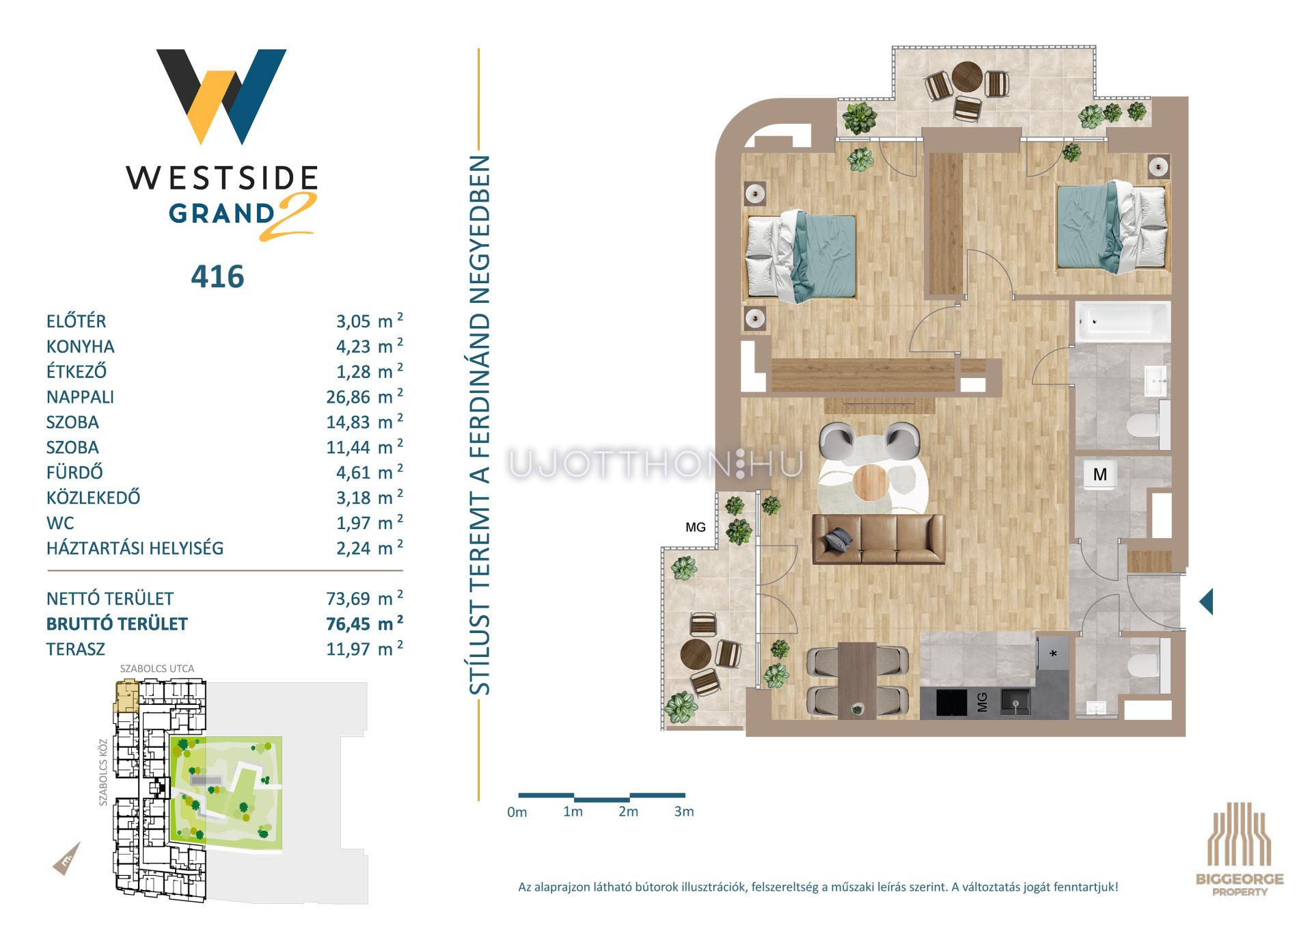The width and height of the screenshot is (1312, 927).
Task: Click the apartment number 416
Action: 217,277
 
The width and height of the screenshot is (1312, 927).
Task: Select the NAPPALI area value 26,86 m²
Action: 364,397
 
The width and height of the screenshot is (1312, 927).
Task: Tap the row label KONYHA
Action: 81,347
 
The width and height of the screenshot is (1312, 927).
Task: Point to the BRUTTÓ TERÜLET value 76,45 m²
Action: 364,623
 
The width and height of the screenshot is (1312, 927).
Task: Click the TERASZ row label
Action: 76,649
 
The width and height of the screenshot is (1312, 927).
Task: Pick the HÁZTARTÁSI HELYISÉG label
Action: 135,548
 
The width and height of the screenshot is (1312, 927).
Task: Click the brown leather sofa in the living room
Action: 879,539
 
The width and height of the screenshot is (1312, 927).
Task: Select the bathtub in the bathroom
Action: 1121,321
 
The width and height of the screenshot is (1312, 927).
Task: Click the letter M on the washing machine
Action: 1099,474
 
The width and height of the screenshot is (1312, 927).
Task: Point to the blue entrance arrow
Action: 1206,602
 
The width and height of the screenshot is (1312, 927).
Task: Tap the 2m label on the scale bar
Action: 628,811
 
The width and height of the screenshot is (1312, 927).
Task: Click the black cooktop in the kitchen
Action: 944,703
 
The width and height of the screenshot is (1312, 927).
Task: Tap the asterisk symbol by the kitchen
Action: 1053,654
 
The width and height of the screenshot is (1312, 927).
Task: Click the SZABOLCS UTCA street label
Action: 157,669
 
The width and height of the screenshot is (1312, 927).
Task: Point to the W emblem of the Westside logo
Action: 221,96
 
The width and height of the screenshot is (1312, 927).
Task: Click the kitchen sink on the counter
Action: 1015,702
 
